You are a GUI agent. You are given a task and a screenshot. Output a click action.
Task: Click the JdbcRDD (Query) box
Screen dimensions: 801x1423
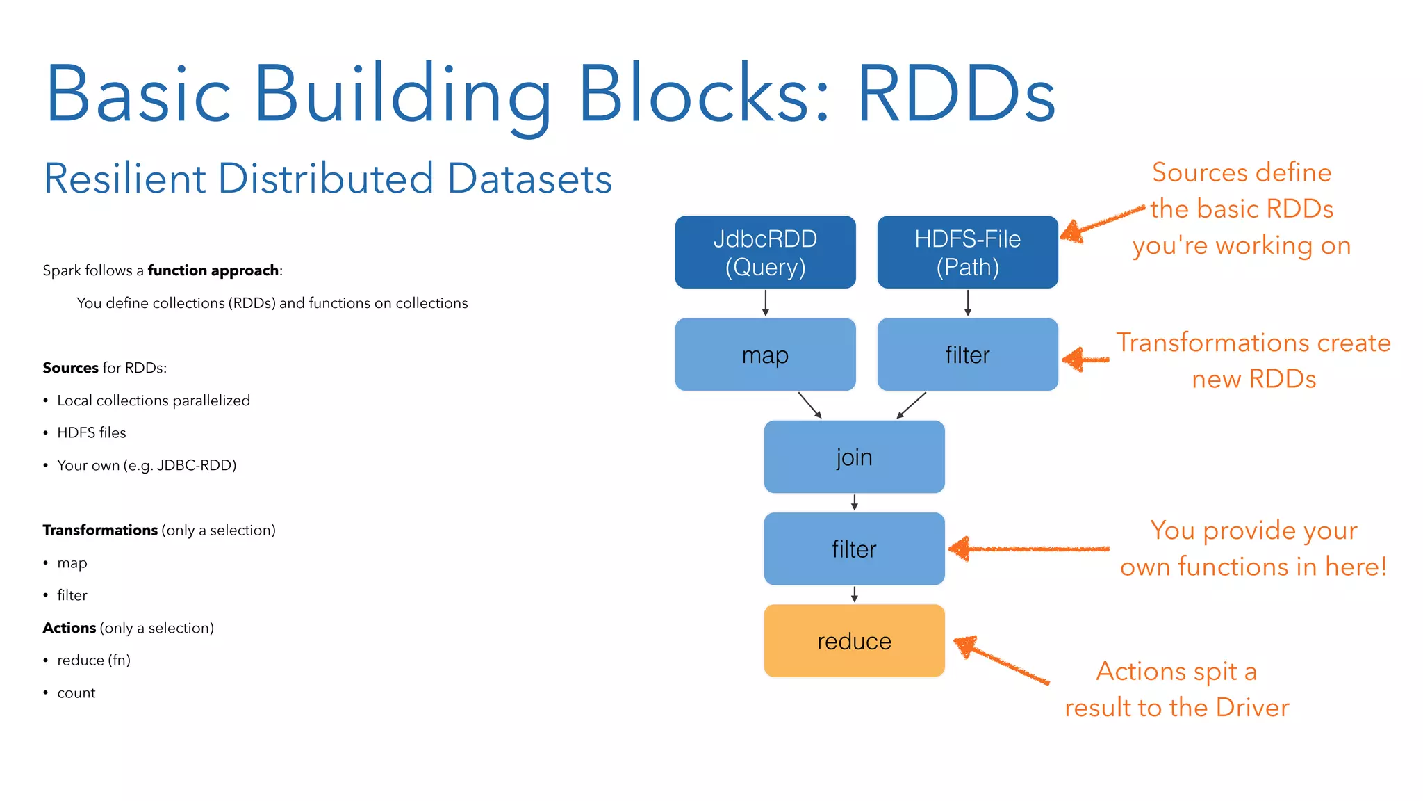coord(765,252)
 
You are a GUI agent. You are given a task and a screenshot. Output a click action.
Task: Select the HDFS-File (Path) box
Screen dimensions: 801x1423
coord(967,252)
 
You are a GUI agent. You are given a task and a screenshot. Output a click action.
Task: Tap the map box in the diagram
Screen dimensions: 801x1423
coord(765,355)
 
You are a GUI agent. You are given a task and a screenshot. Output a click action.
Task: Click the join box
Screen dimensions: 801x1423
coord(854,457)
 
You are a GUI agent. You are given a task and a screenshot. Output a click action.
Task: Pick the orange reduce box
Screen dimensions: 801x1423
coord(854,640)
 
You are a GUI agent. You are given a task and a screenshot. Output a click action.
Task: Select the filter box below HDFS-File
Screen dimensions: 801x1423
coord(967,355)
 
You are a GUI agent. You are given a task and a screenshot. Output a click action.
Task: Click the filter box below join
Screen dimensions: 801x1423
coord(854,549)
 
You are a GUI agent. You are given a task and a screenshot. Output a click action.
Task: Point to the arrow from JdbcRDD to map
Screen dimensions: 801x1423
coord(765,303)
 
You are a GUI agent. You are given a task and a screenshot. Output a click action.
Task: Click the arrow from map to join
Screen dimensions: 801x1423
coord(810,405)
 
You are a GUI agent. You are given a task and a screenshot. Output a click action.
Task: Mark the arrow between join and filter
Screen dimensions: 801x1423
coord(854,502)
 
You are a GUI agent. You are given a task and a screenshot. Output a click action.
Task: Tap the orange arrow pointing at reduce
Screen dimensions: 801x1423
coord(1001,661)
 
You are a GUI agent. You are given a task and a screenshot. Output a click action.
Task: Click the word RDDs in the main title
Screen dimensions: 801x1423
coord(956,94)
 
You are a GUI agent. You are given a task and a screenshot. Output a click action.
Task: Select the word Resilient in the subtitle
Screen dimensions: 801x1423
coord(125,179)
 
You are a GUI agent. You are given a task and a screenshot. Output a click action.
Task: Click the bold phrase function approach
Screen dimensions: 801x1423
coord(213,270)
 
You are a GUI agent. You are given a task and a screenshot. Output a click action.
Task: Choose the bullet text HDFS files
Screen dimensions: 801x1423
coord(91,432)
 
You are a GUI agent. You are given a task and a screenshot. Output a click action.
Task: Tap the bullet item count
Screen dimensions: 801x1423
coord(76,693)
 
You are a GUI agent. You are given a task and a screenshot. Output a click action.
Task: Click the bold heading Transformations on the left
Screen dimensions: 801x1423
coord(100,530)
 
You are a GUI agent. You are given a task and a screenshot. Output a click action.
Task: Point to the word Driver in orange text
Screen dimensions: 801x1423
coord(1252,707)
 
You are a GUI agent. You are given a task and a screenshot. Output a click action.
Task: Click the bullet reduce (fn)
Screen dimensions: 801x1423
coord(93,660)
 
